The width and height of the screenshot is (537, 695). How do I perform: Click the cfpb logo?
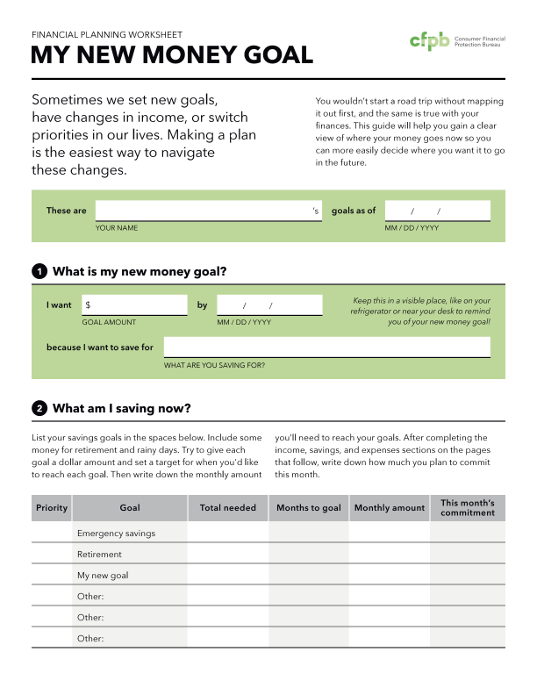click(x=430, y=41)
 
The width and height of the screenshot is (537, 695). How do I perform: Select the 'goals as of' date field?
click(x=437, y=211)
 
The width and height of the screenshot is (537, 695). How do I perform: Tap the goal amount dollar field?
click(x=134, y=305)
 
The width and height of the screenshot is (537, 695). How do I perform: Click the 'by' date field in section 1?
click(x=269, y=305)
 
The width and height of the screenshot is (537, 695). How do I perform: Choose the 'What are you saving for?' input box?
click(x=326, y=347)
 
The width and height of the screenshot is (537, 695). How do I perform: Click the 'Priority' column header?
click(x=52, y=508)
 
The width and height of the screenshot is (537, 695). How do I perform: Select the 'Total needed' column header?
click(x=228, y=508)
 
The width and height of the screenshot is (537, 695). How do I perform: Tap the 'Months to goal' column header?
click(x=309, y=508)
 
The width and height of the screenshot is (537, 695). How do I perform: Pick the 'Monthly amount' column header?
click(x=390, y=508)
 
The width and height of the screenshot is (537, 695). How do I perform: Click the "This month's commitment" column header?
click(x=468, y=508)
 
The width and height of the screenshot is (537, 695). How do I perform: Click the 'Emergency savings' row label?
click(x=117, y=534)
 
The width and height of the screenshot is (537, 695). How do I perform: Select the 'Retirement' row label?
click(x=99, y=555)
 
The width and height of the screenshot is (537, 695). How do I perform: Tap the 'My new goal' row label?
click(x=103, y=576)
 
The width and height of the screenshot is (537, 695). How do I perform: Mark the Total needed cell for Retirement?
click(x=228, y=555)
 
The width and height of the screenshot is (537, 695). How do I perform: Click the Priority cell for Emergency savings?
click(x=52, y=534)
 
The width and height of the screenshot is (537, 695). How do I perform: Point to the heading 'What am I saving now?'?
click(x=122, y=408)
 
